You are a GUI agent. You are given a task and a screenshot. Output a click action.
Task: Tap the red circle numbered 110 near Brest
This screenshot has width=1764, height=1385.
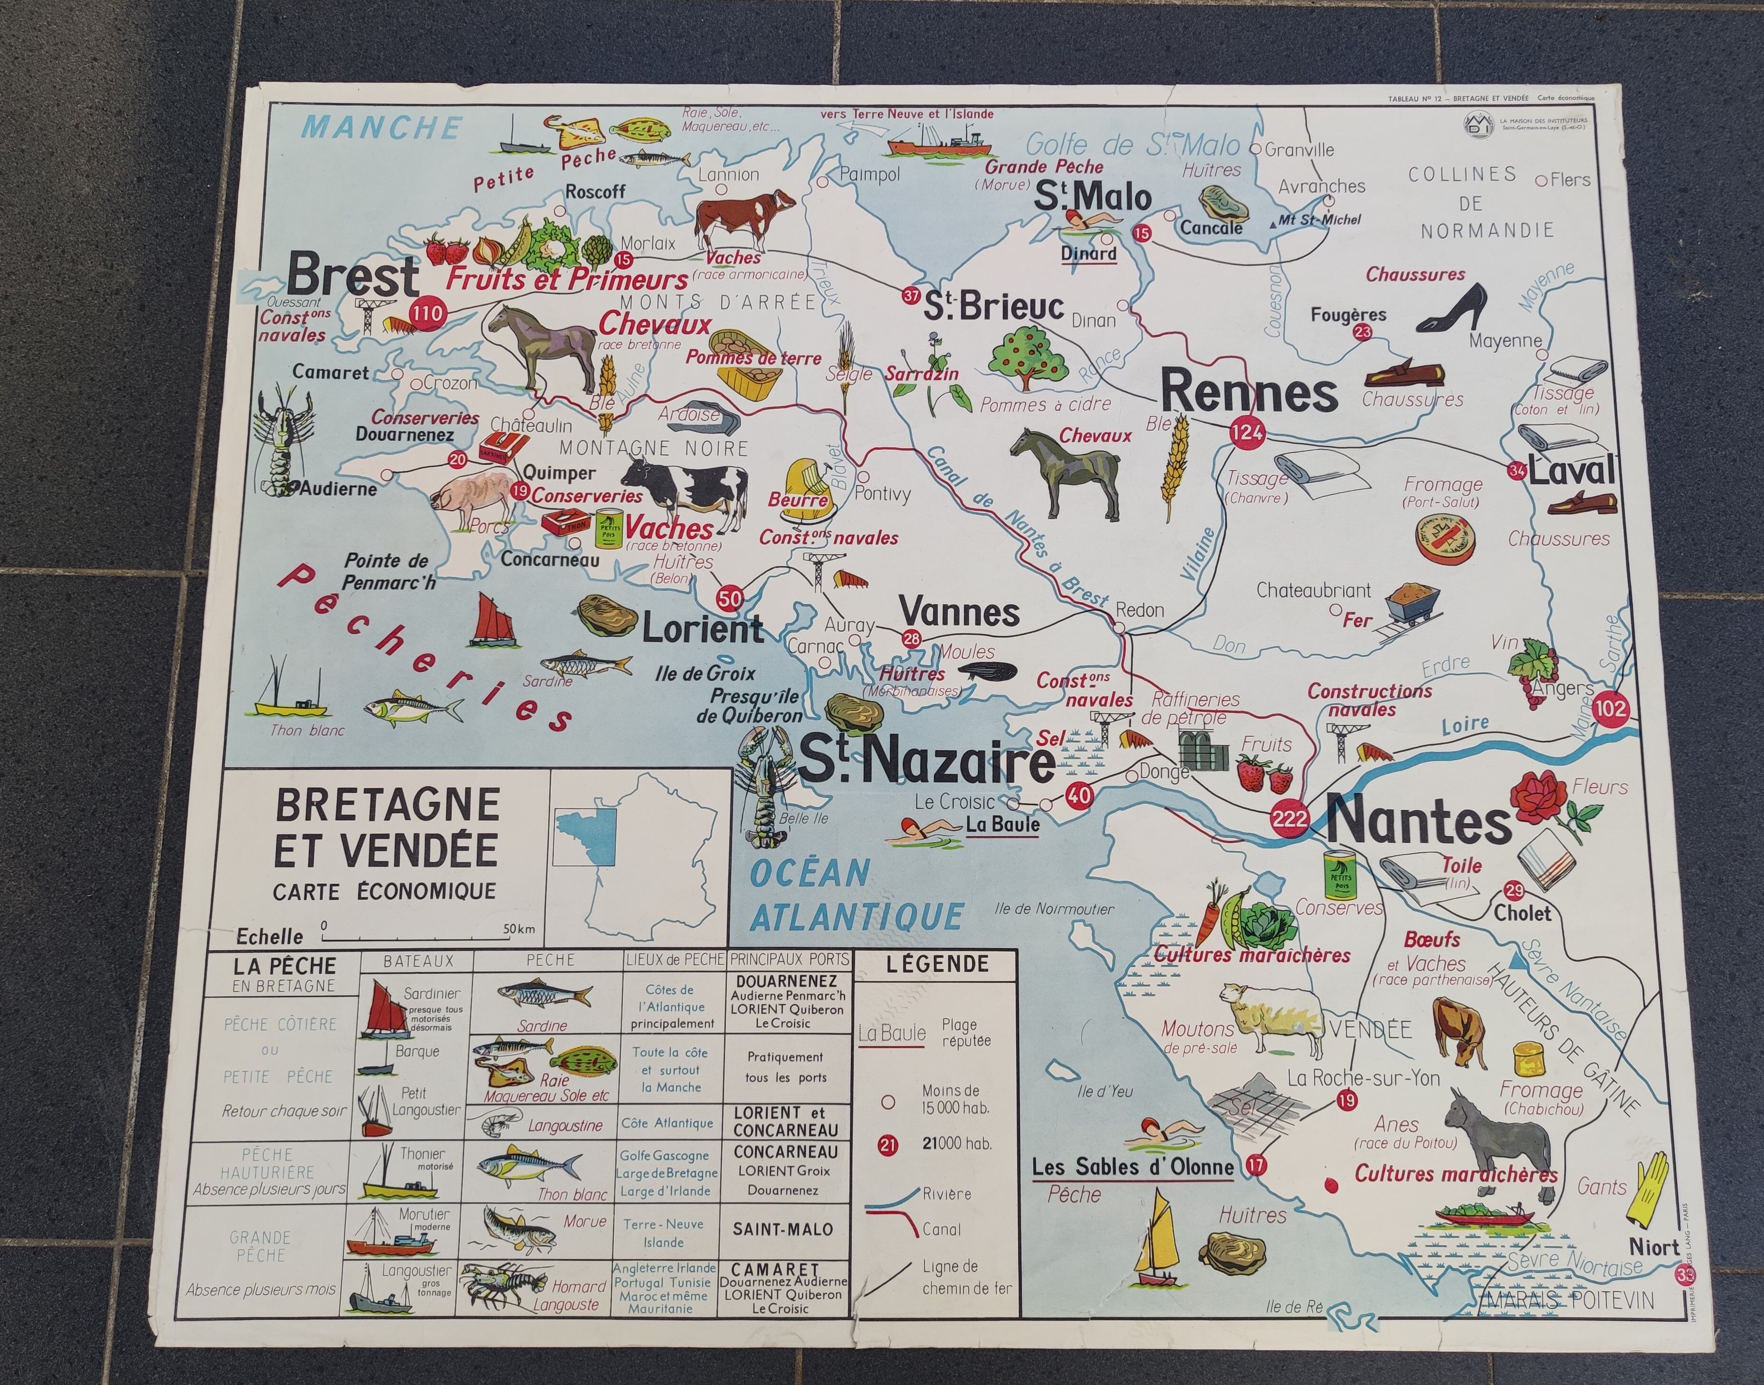(427, 314)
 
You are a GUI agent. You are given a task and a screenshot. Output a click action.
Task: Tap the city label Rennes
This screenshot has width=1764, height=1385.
(1249, 393)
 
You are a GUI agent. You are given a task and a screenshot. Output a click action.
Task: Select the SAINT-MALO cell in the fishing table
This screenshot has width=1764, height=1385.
(782, 1229)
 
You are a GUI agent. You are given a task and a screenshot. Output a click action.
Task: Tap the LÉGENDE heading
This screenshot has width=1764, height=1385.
(936, 964)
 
